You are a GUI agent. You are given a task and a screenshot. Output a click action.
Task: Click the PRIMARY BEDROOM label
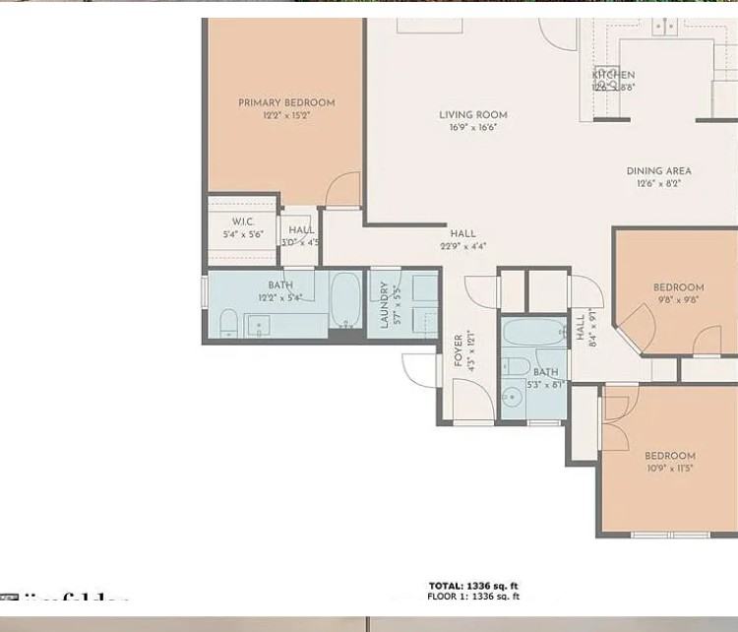click(286, 102)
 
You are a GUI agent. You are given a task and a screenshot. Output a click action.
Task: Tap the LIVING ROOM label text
click(473, 115)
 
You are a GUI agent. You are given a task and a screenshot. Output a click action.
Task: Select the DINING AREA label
click(658, 171)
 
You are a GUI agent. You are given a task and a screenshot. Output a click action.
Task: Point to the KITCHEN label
click(614, 75)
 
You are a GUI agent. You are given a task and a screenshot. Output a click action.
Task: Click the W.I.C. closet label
click(243, 222)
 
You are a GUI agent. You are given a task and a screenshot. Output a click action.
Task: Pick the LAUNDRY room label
click(385, 303)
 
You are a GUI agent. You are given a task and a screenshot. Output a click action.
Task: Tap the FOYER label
click(459, 351)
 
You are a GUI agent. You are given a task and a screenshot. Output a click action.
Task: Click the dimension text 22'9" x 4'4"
click(462, 246)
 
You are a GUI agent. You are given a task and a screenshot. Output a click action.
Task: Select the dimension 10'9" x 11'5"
click(670, 469)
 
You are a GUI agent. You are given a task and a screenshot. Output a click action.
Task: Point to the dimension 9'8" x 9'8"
click(678, 300)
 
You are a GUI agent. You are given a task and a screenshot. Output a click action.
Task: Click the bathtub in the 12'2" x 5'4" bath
click(345, 300)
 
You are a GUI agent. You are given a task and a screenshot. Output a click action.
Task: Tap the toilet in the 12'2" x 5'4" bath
click(226, 322)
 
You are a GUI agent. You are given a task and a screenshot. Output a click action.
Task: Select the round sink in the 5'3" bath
click(511, 398)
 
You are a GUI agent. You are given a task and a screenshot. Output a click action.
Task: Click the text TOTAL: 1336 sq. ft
click(473, 586)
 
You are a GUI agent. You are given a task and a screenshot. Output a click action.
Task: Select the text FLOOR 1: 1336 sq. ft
click(473, 597)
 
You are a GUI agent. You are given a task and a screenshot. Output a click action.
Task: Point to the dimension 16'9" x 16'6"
click(473, 127)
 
